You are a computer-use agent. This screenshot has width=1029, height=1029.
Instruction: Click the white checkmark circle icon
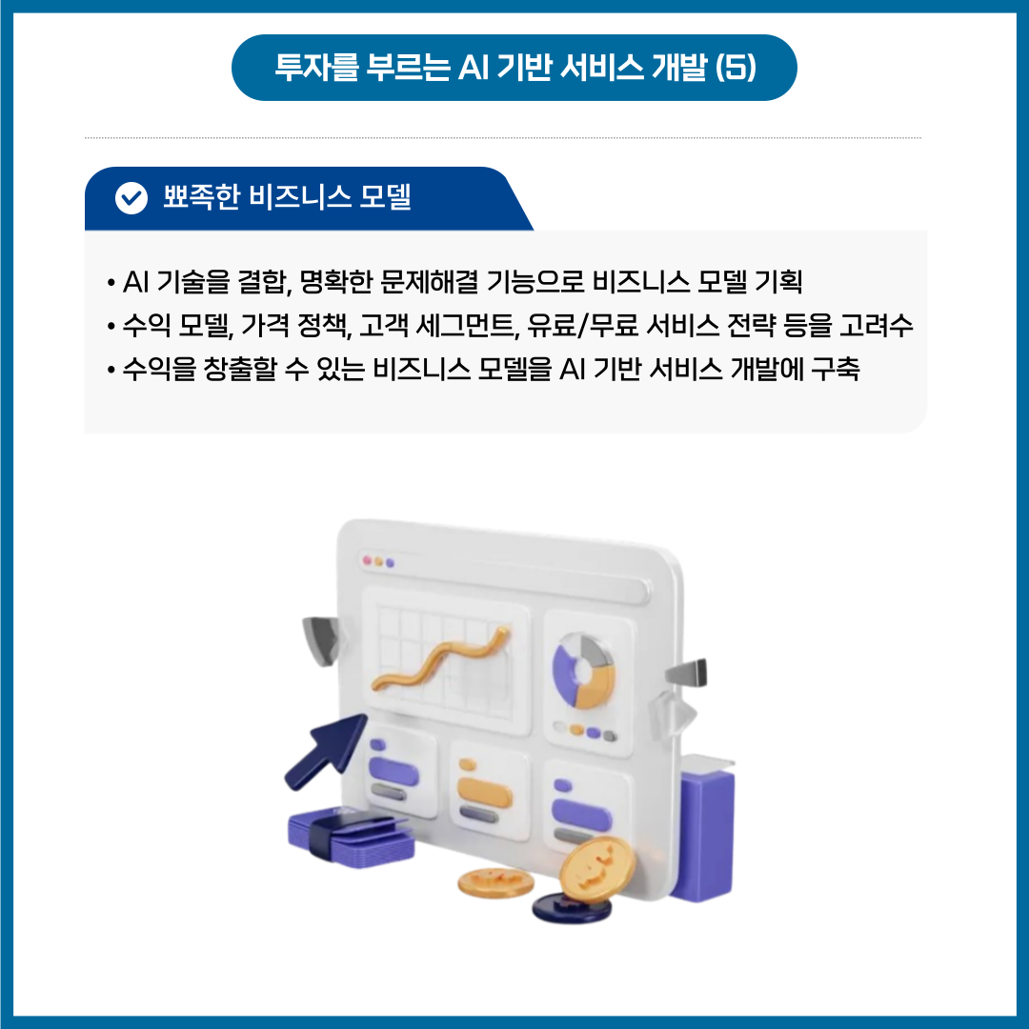click(x=131, y=198)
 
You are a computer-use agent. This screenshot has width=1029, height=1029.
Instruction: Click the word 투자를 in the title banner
click(x=316, y=67)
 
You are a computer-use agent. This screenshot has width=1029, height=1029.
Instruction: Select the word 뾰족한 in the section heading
click(x=201, y=196)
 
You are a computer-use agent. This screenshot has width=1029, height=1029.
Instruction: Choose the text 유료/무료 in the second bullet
click(x=582, y=326)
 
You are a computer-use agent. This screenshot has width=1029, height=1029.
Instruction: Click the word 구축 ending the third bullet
click(x=836, y=369)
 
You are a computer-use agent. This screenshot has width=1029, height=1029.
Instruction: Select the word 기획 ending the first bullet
click(x=779, y=282)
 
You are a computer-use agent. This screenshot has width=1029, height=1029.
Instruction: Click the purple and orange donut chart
click(x=583, y=671)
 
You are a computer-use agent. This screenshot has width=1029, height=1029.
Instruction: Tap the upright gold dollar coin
click(x=597, y=868)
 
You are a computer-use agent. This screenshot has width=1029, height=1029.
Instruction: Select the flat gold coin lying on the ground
click(x=495, y=882)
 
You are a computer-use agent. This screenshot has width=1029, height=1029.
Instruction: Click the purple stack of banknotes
click(x=351, y=835)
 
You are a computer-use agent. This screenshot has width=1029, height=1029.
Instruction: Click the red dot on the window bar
click(x=368, y=560)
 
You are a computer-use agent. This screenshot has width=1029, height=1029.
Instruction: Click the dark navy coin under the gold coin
click(x=572, y=908)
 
